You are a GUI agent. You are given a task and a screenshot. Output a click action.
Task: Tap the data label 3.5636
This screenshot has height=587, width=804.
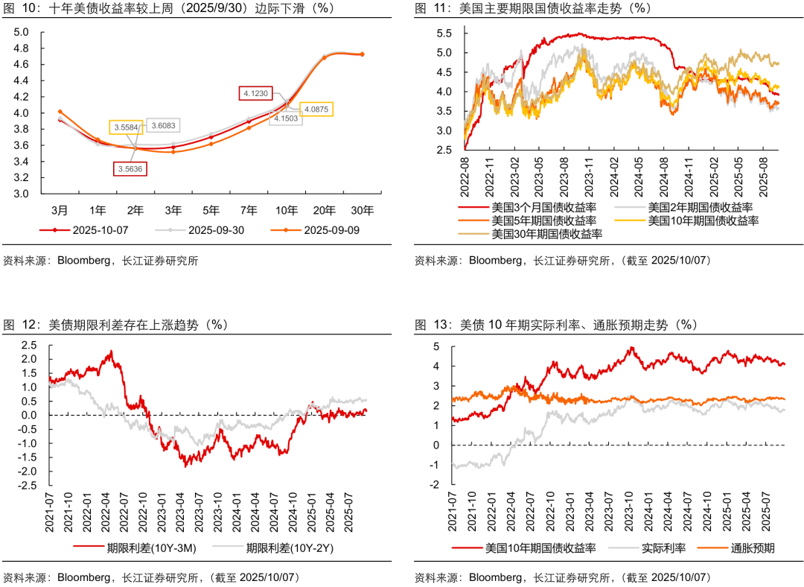click(x=130, y=168)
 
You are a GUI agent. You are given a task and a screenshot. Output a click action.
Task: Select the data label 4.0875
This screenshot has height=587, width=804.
click(x=316, y=109)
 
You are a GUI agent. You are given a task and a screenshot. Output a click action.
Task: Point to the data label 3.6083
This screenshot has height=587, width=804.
click(x=163, y=126)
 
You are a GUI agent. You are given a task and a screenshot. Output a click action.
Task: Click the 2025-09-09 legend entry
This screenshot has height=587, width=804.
click(x=331, y=229)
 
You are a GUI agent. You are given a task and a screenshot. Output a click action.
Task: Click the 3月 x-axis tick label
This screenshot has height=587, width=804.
click(x=60, y=209)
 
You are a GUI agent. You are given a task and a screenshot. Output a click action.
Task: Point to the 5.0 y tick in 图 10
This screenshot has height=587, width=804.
click(x=21, y=32)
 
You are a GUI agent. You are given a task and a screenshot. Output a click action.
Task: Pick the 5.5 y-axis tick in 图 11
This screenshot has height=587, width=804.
click(x=444, y=34)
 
